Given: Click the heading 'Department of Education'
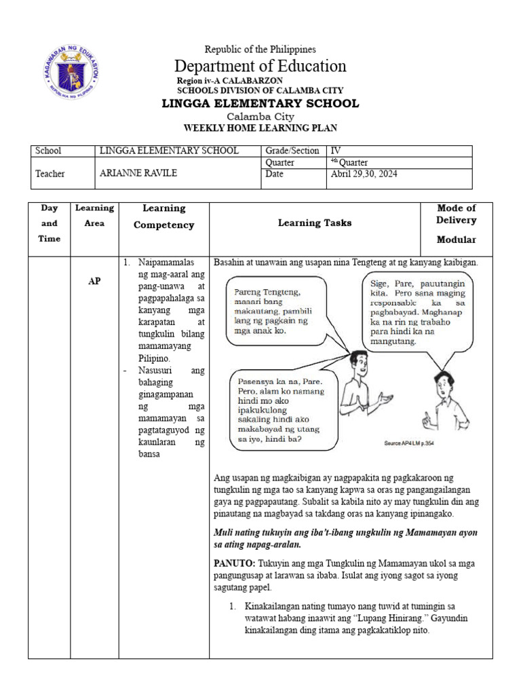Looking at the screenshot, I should pos(260,66).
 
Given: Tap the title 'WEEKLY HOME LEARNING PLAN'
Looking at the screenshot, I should pos(260,128).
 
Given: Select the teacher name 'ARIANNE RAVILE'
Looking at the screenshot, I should pos(138,173).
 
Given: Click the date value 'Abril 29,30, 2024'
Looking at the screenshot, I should pos(364,174).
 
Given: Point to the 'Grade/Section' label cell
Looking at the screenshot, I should pos(292,151).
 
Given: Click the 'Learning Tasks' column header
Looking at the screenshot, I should pos(315,223).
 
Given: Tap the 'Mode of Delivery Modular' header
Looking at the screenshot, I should pos(456,223).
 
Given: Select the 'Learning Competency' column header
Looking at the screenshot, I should pos(163,217).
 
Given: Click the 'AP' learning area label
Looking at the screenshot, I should pos(94,281).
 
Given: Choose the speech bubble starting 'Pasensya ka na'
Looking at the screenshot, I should pos(283,409).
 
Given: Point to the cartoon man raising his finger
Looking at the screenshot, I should pos(440,400).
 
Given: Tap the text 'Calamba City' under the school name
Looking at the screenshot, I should pos(260,117).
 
